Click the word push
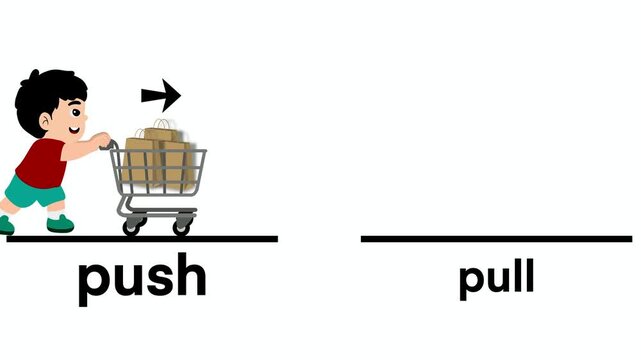[x=142, y=278]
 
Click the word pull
[x=496, y=277]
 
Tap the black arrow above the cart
[x=160, y=96]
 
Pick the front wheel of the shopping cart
[x=181, y=227]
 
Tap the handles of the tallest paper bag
[x=161, y=125]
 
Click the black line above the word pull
[x=496, y=239]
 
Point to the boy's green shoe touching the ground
[x=60, y=222]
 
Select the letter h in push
[x=190, y=276]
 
